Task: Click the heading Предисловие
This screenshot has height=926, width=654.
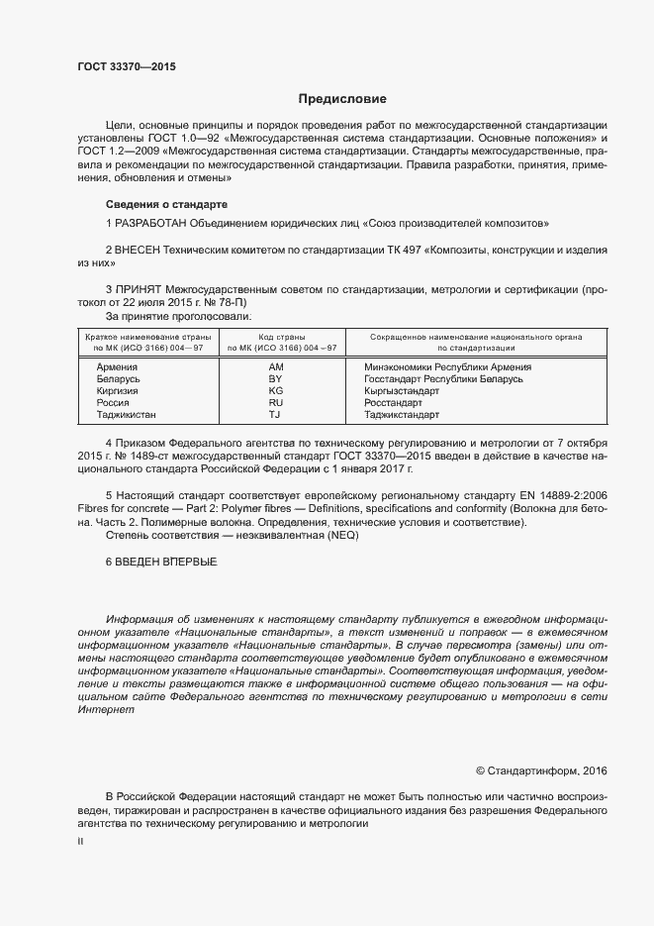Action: [x=342, y=99]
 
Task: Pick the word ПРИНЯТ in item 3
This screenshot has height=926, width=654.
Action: [x=139, y=290]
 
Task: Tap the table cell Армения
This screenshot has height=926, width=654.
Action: [x=118, y=367]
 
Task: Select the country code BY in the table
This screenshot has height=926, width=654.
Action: [x=276, y=379]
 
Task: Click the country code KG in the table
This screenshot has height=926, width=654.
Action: [x=276, y=391]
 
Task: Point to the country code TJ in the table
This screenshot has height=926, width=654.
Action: [x=276, y=415]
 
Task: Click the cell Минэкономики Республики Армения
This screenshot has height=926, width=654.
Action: [x=434, y=367]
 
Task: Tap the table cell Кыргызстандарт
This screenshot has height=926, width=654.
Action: [x=395, y=391]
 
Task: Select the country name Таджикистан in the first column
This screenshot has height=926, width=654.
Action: [x=127, y=415]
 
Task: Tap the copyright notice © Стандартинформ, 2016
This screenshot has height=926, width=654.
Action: [x=541, y=771]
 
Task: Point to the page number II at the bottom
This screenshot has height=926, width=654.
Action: [x=81, y=841]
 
